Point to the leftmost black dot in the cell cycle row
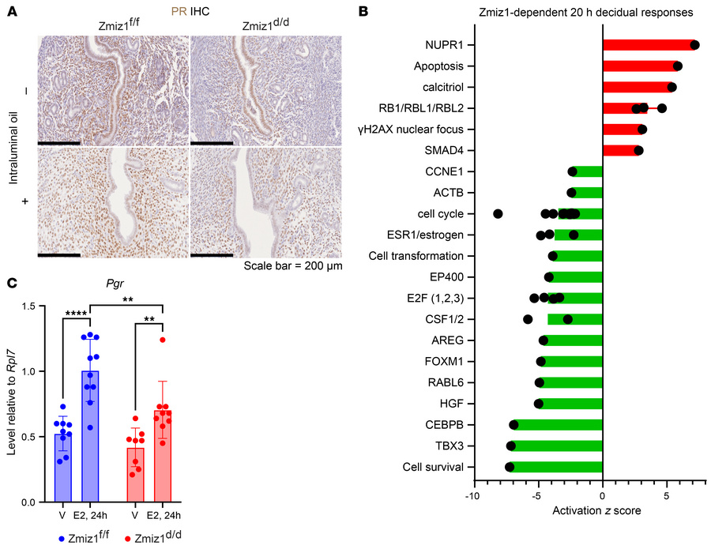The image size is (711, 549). (x=498, y=213)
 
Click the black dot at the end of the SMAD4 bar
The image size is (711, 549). (x=638, y=150)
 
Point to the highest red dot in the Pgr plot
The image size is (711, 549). (x=162, y=340)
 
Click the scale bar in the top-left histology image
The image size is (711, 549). (x=58, y=143)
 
